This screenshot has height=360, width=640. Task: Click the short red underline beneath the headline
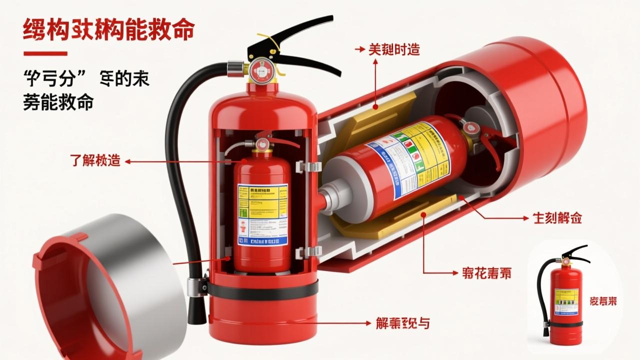(x=45, y=53)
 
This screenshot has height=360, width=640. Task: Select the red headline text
(x=108, y=30)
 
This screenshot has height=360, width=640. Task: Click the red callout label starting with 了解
(x=94, y=161)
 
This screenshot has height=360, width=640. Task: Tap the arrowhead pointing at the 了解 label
(x=127, y=161)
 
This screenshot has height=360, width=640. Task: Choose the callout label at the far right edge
(x=557, y=218)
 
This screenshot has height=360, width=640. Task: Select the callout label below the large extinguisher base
(x=402, y=323)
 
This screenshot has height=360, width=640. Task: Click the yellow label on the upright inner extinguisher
(x=262, y=214)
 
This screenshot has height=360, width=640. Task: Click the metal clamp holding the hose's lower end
(x=197, y=286)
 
